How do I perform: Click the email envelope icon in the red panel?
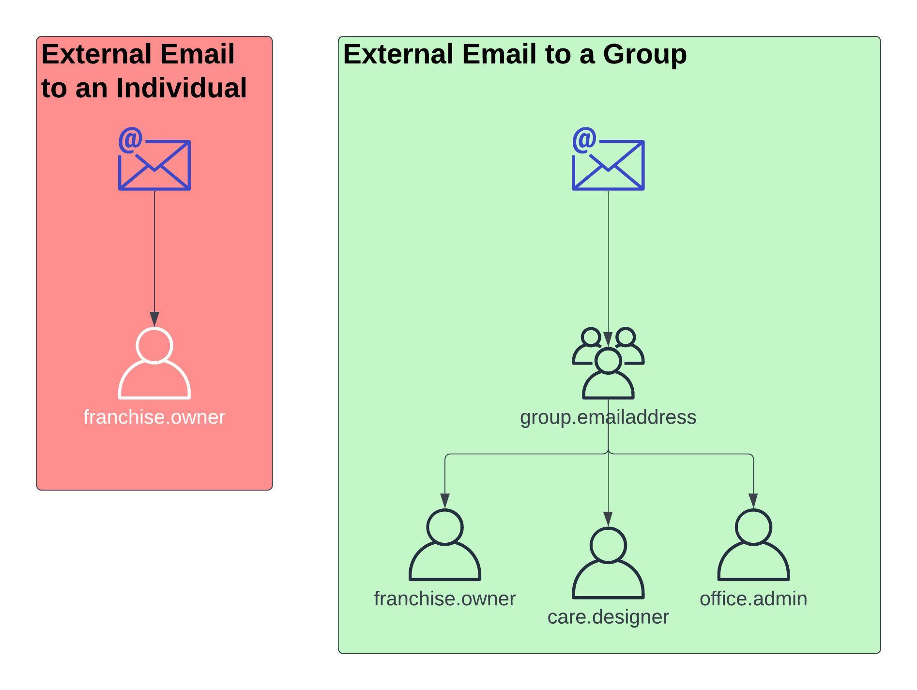click(154, 164)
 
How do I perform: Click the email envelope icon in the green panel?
click(608, 164)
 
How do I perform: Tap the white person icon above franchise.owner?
click(154, 364)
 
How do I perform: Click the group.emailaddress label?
click(608, 417)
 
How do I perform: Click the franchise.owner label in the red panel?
click(154, 417)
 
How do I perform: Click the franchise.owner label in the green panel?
click(444, 599)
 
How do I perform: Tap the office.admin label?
click(753, 599)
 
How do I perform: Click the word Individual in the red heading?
click(181, 88)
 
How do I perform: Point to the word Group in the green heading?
click(644, 54)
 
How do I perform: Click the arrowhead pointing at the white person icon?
click(154, 319)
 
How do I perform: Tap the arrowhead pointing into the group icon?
click(608, 339)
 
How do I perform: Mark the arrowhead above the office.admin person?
click(753, 501)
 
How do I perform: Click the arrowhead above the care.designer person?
click(608, 519)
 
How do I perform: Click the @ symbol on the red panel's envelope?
click(131, 140)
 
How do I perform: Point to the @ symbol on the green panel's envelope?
click(584, 140)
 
